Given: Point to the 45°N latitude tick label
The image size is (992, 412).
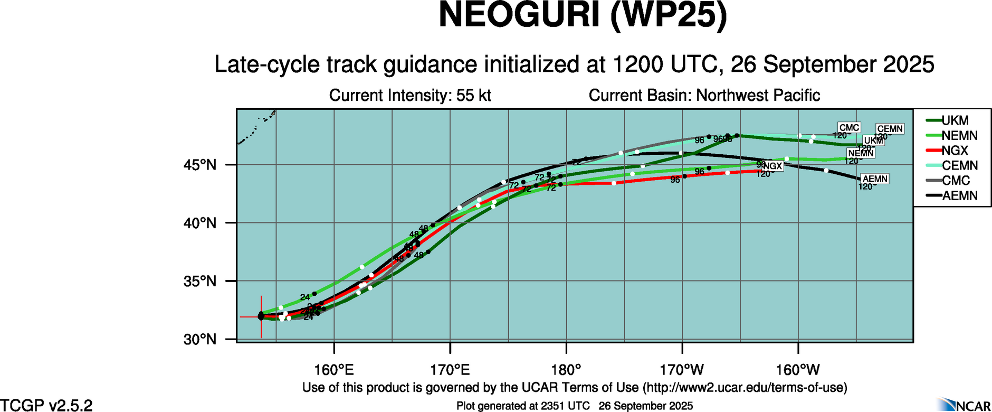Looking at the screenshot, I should click(200, 165).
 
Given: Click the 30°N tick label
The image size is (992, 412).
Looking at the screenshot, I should click(200, 339).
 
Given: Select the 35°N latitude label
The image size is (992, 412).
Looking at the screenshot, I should click(200, 281).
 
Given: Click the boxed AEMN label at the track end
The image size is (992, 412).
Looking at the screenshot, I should click(875, 179).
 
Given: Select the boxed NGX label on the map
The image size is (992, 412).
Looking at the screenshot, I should click(772, 166).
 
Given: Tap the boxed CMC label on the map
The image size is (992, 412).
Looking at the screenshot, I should click(849, 127).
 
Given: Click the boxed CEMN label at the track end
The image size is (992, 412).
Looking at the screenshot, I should click(890, 129).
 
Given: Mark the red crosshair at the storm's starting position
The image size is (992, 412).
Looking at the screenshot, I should click(261, 316).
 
